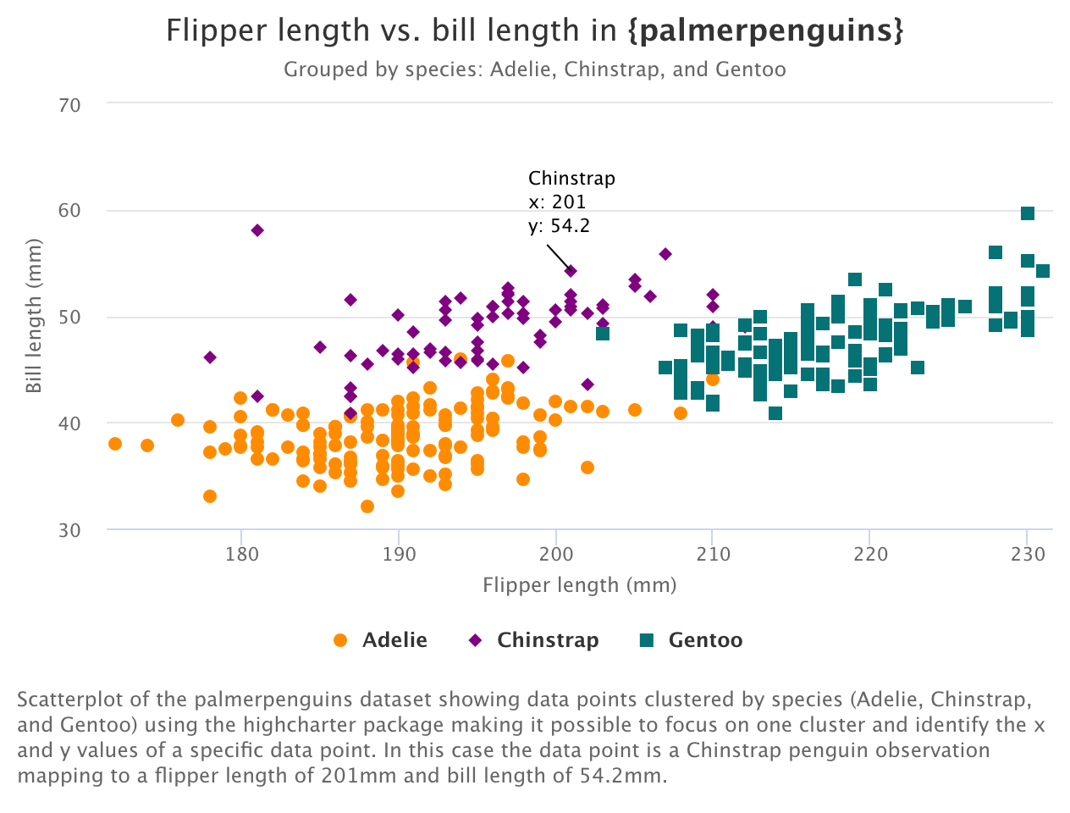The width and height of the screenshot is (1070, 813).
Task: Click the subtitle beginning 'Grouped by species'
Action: click(534, 69)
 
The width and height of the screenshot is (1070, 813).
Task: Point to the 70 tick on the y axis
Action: click(70, 105)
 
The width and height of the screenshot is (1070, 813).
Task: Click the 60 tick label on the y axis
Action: click(70, 211)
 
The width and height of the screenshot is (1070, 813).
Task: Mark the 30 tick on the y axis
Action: click(70, 530)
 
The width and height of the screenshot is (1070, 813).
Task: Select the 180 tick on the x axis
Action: click(241, 555)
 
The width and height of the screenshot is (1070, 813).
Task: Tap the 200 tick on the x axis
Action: click(556, 555)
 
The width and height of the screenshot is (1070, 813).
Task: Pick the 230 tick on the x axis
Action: click(1028, 555)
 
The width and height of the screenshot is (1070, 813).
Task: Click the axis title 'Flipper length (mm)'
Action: click(579, 585)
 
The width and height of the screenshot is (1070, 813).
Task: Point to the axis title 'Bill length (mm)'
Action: click(34, 317)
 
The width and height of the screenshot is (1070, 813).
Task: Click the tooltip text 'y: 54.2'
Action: click(559, 226)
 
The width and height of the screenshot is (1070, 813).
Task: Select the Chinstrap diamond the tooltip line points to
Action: click(571, 271)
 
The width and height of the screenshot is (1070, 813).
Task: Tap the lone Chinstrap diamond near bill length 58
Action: click(257, 230)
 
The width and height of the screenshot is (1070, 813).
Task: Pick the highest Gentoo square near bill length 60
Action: click(1028, 213)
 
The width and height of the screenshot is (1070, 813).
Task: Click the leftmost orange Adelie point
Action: click(115, 444)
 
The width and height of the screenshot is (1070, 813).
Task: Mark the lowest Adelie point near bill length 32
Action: click(367, 506)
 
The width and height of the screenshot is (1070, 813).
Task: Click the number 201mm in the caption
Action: click(350, 776)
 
